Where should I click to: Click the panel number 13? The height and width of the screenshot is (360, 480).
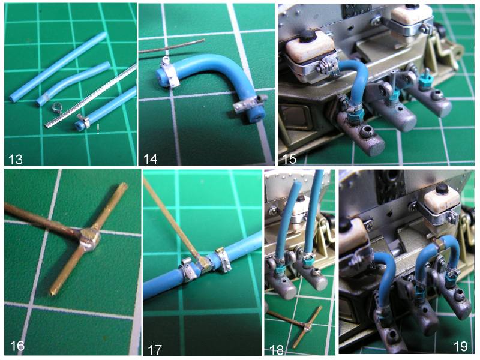pos(16,159)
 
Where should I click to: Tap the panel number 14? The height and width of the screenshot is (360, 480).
pos(151,159)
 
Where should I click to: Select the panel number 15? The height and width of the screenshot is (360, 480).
pos(289,159)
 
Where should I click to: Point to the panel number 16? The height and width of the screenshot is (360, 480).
pos(17,346)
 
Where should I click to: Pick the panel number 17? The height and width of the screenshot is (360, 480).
pos(155,350)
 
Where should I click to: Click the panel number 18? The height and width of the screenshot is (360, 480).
pos(276,350)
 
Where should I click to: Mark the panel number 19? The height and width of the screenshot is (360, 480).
pos(460,346)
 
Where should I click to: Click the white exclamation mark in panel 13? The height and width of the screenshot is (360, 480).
pos(98,130)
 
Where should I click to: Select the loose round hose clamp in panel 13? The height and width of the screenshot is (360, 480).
pos(56,107)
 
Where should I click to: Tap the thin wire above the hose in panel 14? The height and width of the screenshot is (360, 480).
pos(172,46)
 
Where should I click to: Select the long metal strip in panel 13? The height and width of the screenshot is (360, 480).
pos(91,96)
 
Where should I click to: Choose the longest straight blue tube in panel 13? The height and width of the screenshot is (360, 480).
pos(58,67)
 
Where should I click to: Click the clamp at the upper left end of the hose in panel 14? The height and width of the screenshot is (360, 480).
pos(168,73)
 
